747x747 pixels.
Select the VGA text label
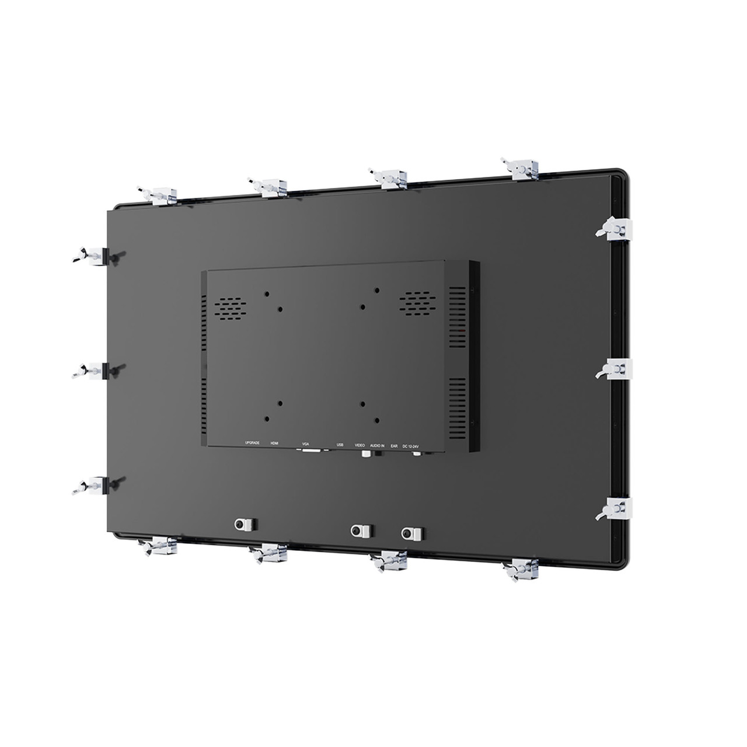(305, 445)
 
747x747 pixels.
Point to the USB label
(340, 445)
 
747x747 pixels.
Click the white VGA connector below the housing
(310, 451)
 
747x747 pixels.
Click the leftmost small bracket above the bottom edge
(245, 523)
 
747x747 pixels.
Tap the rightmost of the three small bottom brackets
(413, 532)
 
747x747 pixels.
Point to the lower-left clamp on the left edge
(95, 485)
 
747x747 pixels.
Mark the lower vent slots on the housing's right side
(458, 403)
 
